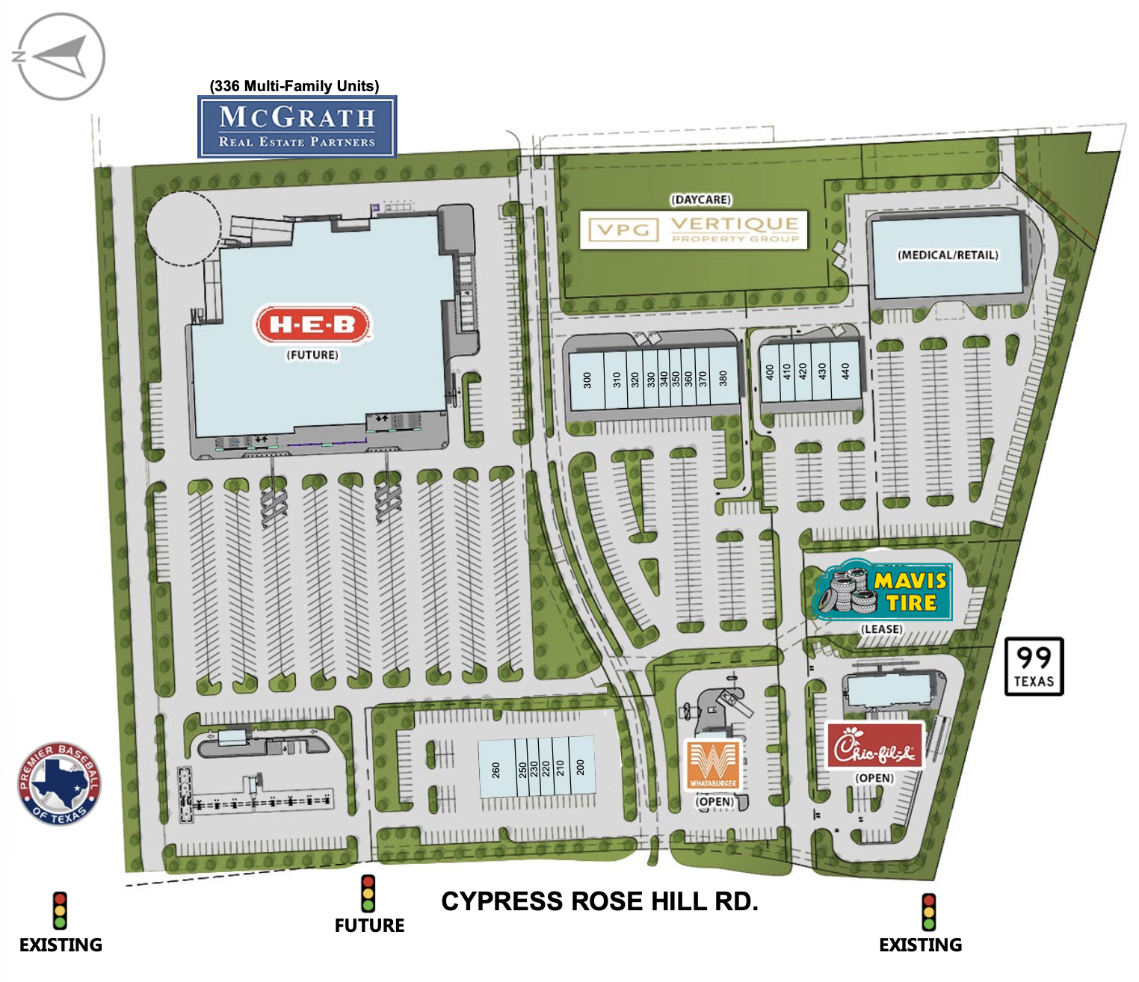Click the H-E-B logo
(313, 324)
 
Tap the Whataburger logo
(714, 764)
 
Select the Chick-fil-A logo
(874, 746)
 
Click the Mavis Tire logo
(882, 591)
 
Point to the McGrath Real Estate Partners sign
(297, 126)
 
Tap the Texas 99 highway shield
(1034, 666)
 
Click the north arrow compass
(60, 57)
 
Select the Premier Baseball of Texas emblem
(60, 784)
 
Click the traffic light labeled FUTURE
(368, 894)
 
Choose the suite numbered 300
(587, 380)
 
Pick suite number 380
(723, 379)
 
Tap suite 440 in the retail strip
(845, 371)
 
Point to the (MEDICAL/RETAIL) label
(948, 255)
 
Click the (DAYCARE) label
(700, 200)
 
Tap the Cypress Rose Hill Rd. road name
(599, 901)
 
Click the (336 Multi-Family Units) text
(294, 86)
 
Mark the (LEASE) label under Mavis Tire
(882, 629)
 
